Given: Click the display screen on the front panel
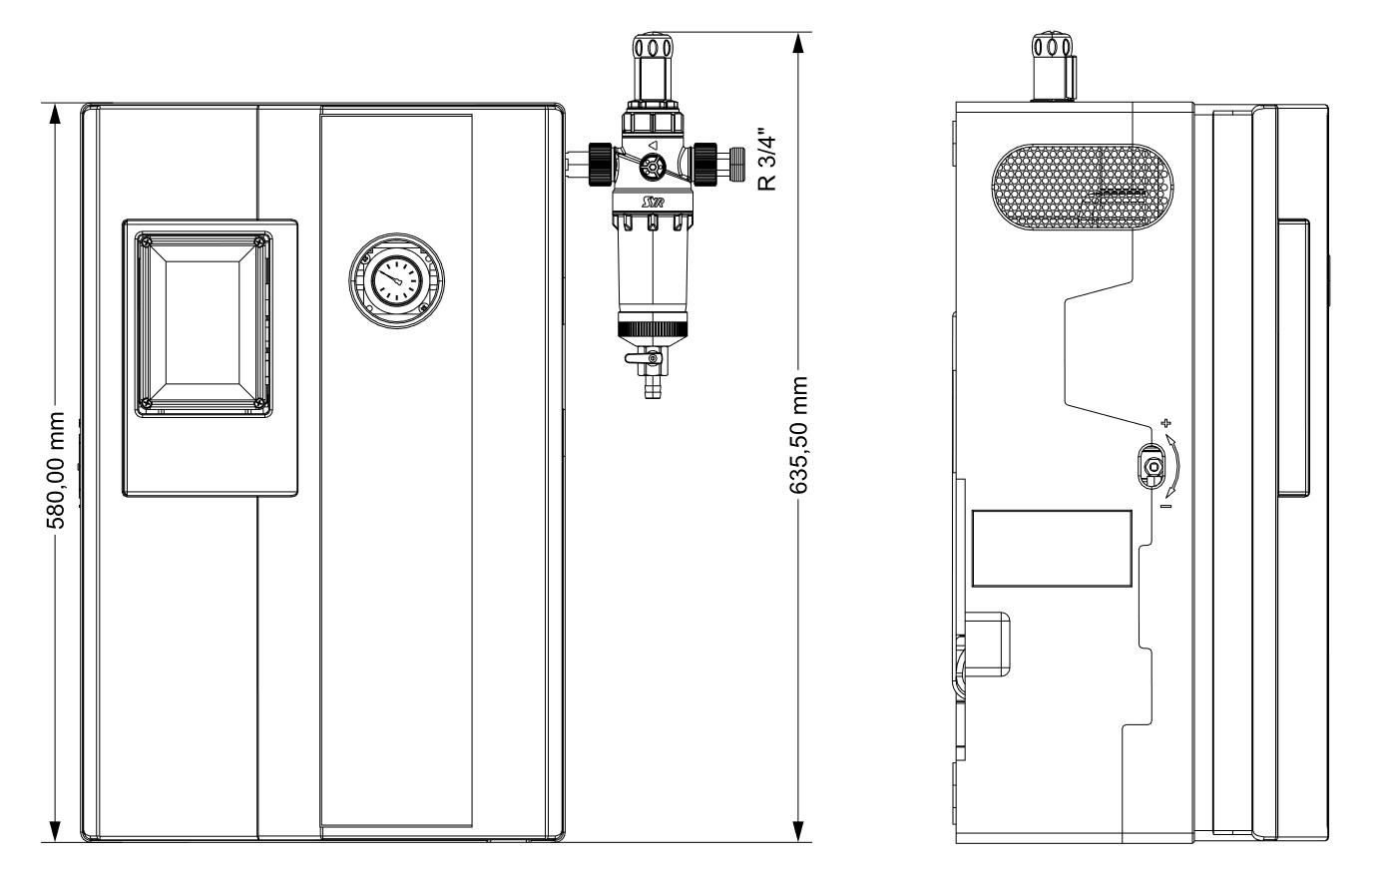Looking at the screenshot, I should (x=202, y=319).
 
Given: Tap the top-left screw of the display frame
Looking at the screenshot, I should (x=147, y=241).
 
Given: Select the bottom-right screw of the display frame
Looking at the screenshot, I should (x=259, y=403).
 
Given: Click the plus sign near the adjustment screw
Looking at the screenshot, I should (x=1164, y=422).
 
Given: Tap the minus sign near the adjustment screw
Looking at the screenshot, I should (x=1164, y=507).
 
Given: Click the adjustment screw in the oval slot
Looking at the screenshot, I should (x=1152, y=467).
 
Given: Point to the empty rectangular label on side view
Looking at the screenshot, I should (x=1053, y=549).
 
